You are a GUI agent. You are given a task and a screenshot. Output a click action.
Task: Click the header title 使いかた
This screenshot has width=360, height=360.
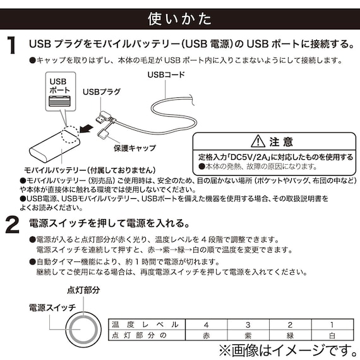coord(179,18)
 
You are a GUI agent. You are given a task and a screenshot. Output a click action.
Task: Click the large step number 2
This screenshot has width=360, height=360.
coord(11,225)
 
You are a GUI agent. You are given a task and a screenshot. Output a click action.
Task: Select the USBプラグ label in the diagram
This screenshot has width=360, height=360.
coord(101,92)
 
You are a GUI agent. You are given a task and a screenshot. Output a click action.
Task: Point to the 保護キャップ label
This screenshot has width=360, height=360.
coord(135,148)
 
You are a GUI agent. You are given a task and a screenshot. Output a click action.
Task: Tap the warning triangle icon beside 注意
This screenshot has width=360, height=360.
coord(257,141)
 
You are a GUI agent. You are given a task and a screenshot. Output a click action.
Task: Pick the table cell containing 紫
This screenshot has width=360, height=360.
coord(247,335)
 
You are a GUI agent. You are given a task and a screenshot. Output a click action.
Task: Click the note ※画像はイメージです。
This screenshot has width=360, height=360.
coord(287,349)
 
